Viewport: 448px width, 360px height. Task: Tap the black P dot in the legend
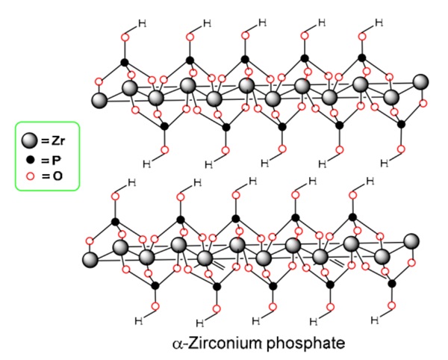30,161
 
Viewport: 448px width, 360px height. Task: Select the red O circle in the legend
30,176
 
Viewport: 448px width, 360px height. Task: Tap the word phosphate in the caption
296,344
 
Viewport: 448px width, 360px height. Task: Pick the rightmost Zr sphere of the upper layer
421,81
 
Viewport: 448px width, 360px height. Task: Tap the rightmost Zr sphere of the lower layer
411,240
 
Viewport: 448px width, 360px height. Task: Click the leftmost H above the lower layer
132,182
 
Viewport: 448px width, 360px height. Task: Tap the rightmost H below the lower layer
376,322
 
